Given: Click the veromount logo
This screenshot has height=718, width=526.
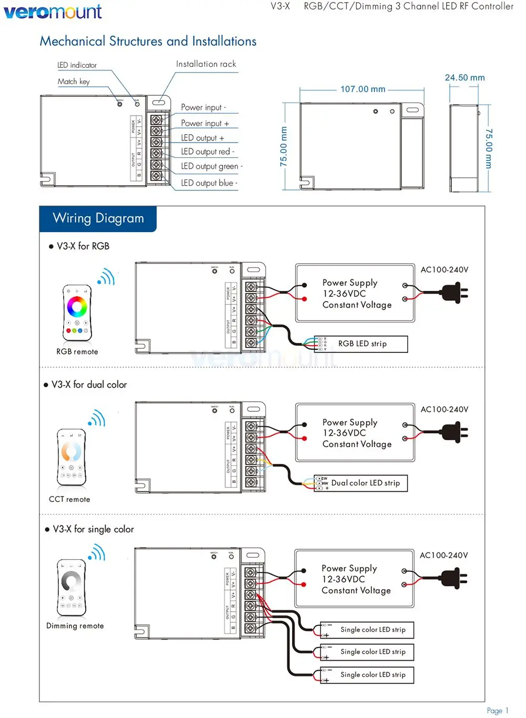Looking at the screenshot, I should [x=53, y=12].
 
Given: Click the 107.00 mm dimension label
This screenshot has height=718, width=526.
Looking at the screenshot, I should [x=362, y=89].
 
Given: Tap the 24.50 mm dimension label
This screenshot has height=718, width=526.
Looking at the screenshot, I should [x=464, y=78].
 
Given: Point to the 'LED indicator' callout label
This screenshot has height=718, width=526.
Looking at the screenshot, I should [x=77, y=65].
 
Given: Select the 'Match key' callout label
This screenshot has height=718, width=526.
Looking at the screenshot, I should [x=74, y=82].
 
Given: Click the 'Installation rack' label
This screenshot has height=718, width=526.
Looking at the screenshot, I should [x=206, y=64].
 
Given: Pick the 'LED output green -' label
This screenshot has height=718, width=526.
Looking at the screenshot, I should [x=211, y=166].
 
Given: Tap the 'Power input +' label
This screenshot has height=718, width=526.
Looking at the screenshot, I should [x=205, y=123].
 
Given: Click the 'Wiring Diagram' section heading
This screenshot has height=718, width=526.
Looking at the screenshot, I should [x=98, y=218].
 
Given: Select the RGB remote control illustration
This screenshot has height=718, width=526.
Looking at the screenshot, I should [x=77, y=312].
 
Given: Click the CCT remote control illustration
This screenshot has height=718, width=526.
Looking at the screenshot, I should [x=71, y=457].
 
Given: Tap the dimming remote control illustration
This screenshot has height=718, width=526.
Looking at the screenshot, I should [x=71, y=587].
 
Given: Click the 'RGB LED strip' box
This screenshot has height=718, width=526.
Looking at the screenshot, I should [x=361, y=344].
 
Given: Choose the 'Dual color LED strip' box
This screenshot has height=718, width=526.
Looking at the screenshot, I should [x=361, y=483].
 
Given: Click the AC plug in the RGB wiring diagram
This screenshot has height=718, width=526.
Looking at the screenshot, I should [x=454, y=292].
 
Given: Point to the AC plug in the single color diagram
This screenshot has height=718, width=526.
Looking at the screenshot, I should [x=453, y=578].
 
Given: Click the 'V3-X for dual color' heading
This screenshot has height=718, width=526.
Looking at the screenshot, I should [x=89, y=385].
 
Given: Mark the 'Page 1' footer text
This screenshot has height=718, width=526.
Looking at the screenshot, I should [x=497, y=711].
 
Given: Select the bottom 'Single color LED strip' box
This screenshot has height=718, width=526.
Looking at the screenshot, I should [x=367, y=675].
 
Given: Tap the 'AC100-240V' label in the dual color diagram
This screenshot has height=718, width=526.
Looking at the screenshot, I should [x=444, y=409].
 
